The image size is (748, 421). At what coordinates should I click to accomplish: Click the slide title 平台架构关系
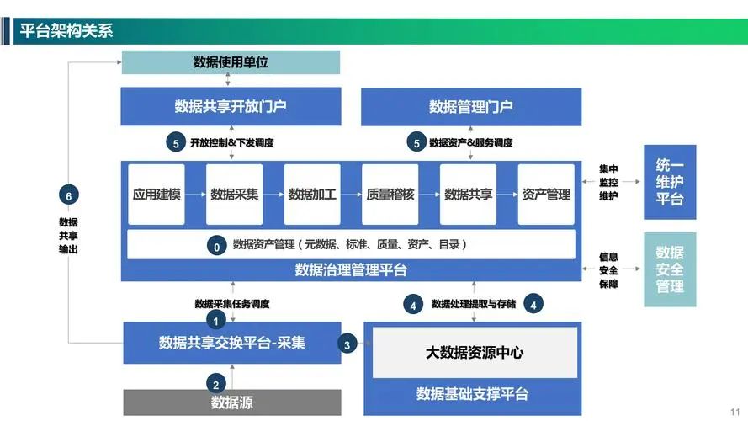click(x=66, y=31)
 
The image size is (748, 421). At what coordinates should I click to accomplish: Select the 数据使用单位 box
click(x=231, y=61)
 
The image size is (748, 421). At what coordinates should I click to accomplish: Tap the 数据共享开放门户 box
click(x=231, y=106)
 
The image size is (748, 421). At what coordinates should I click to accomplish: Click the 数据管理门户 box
click(x=470, y=106)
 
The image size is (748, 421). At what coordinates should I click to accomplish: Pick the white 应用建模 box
click(x=156, y=195)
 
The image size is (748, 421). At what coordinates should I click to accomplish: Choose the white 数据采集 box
click(x=234, y=195)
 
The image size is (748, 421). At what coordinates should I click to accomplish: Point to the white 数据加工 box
click(x=312, y=195)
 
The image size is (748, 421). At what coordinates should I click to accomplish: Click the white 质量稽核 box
click(x=390, y=195)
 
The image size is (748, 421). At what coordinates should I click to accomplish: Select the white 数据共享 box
click(x=468, y=195)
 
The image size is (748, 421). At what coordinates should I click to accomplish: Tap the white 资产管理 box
click(x=546, y=195)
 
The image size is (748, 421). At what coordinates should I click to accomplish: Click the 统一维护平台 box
click(x=670, y=183)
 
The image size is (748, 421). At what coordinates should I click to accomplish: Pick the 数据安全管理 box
click(x=670, y=269)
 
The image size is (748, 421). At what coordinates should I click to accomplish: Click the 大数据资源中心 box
click(x=475, y=353)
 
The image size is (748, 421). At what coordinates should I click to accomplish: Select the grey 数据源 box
click(x=232, y=402)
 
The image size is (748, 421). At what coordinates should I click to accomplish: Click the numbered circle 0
click(x=216, y=246)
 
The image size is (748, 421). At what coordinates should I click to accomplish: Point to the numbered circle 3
click(x=347, y=344)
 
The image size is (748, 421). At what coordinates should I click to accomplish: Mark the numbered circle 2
click(x=216, y=382)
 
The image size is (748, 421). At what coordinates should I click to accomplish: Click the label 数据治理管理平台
click(x=351, y=269)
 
